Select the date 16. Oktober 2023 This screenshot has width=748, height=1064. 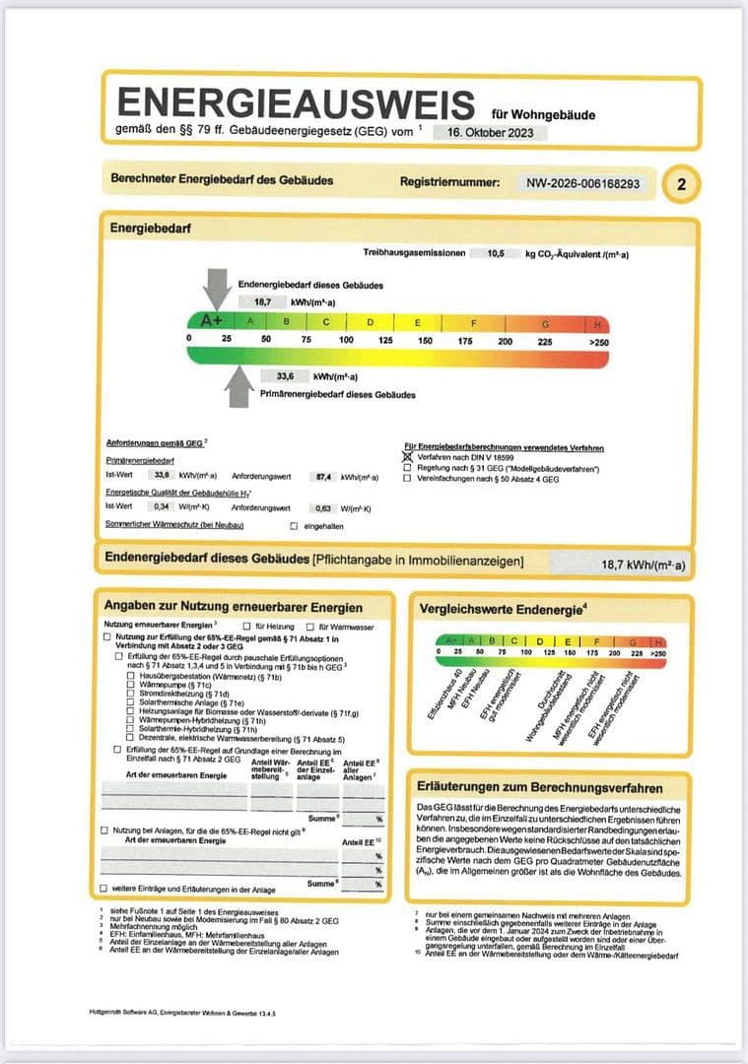[x=489, y=131]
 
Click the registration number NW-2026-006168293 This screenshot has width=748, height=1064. [x=582, y=183]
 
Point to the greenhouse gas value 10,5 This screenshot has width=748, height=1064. [x=496, y=253]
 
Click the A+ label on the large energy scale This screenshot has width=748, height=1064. [x=211, y=321]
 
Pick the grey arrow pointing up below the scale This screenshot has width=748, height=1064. [x=238, y=385]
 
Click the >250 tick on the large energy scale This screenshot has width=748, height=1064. [x=598, y=340]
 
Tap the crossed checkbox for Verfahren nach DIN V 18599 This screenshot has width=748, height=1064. [x=408, y=458]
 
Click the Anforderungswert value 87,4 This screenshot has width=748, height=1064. [x=320, y=476]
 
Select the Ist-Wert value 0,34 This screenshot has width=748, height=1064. [x=162, y=507]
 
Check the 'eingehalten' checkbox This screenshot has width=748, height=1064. [x=293, y=526]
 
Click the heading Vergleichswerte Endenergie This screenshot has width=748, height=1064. [x=501, y=609]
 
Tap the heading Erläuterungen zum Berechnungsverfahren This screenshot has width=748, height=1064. [x=539, y=788]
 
